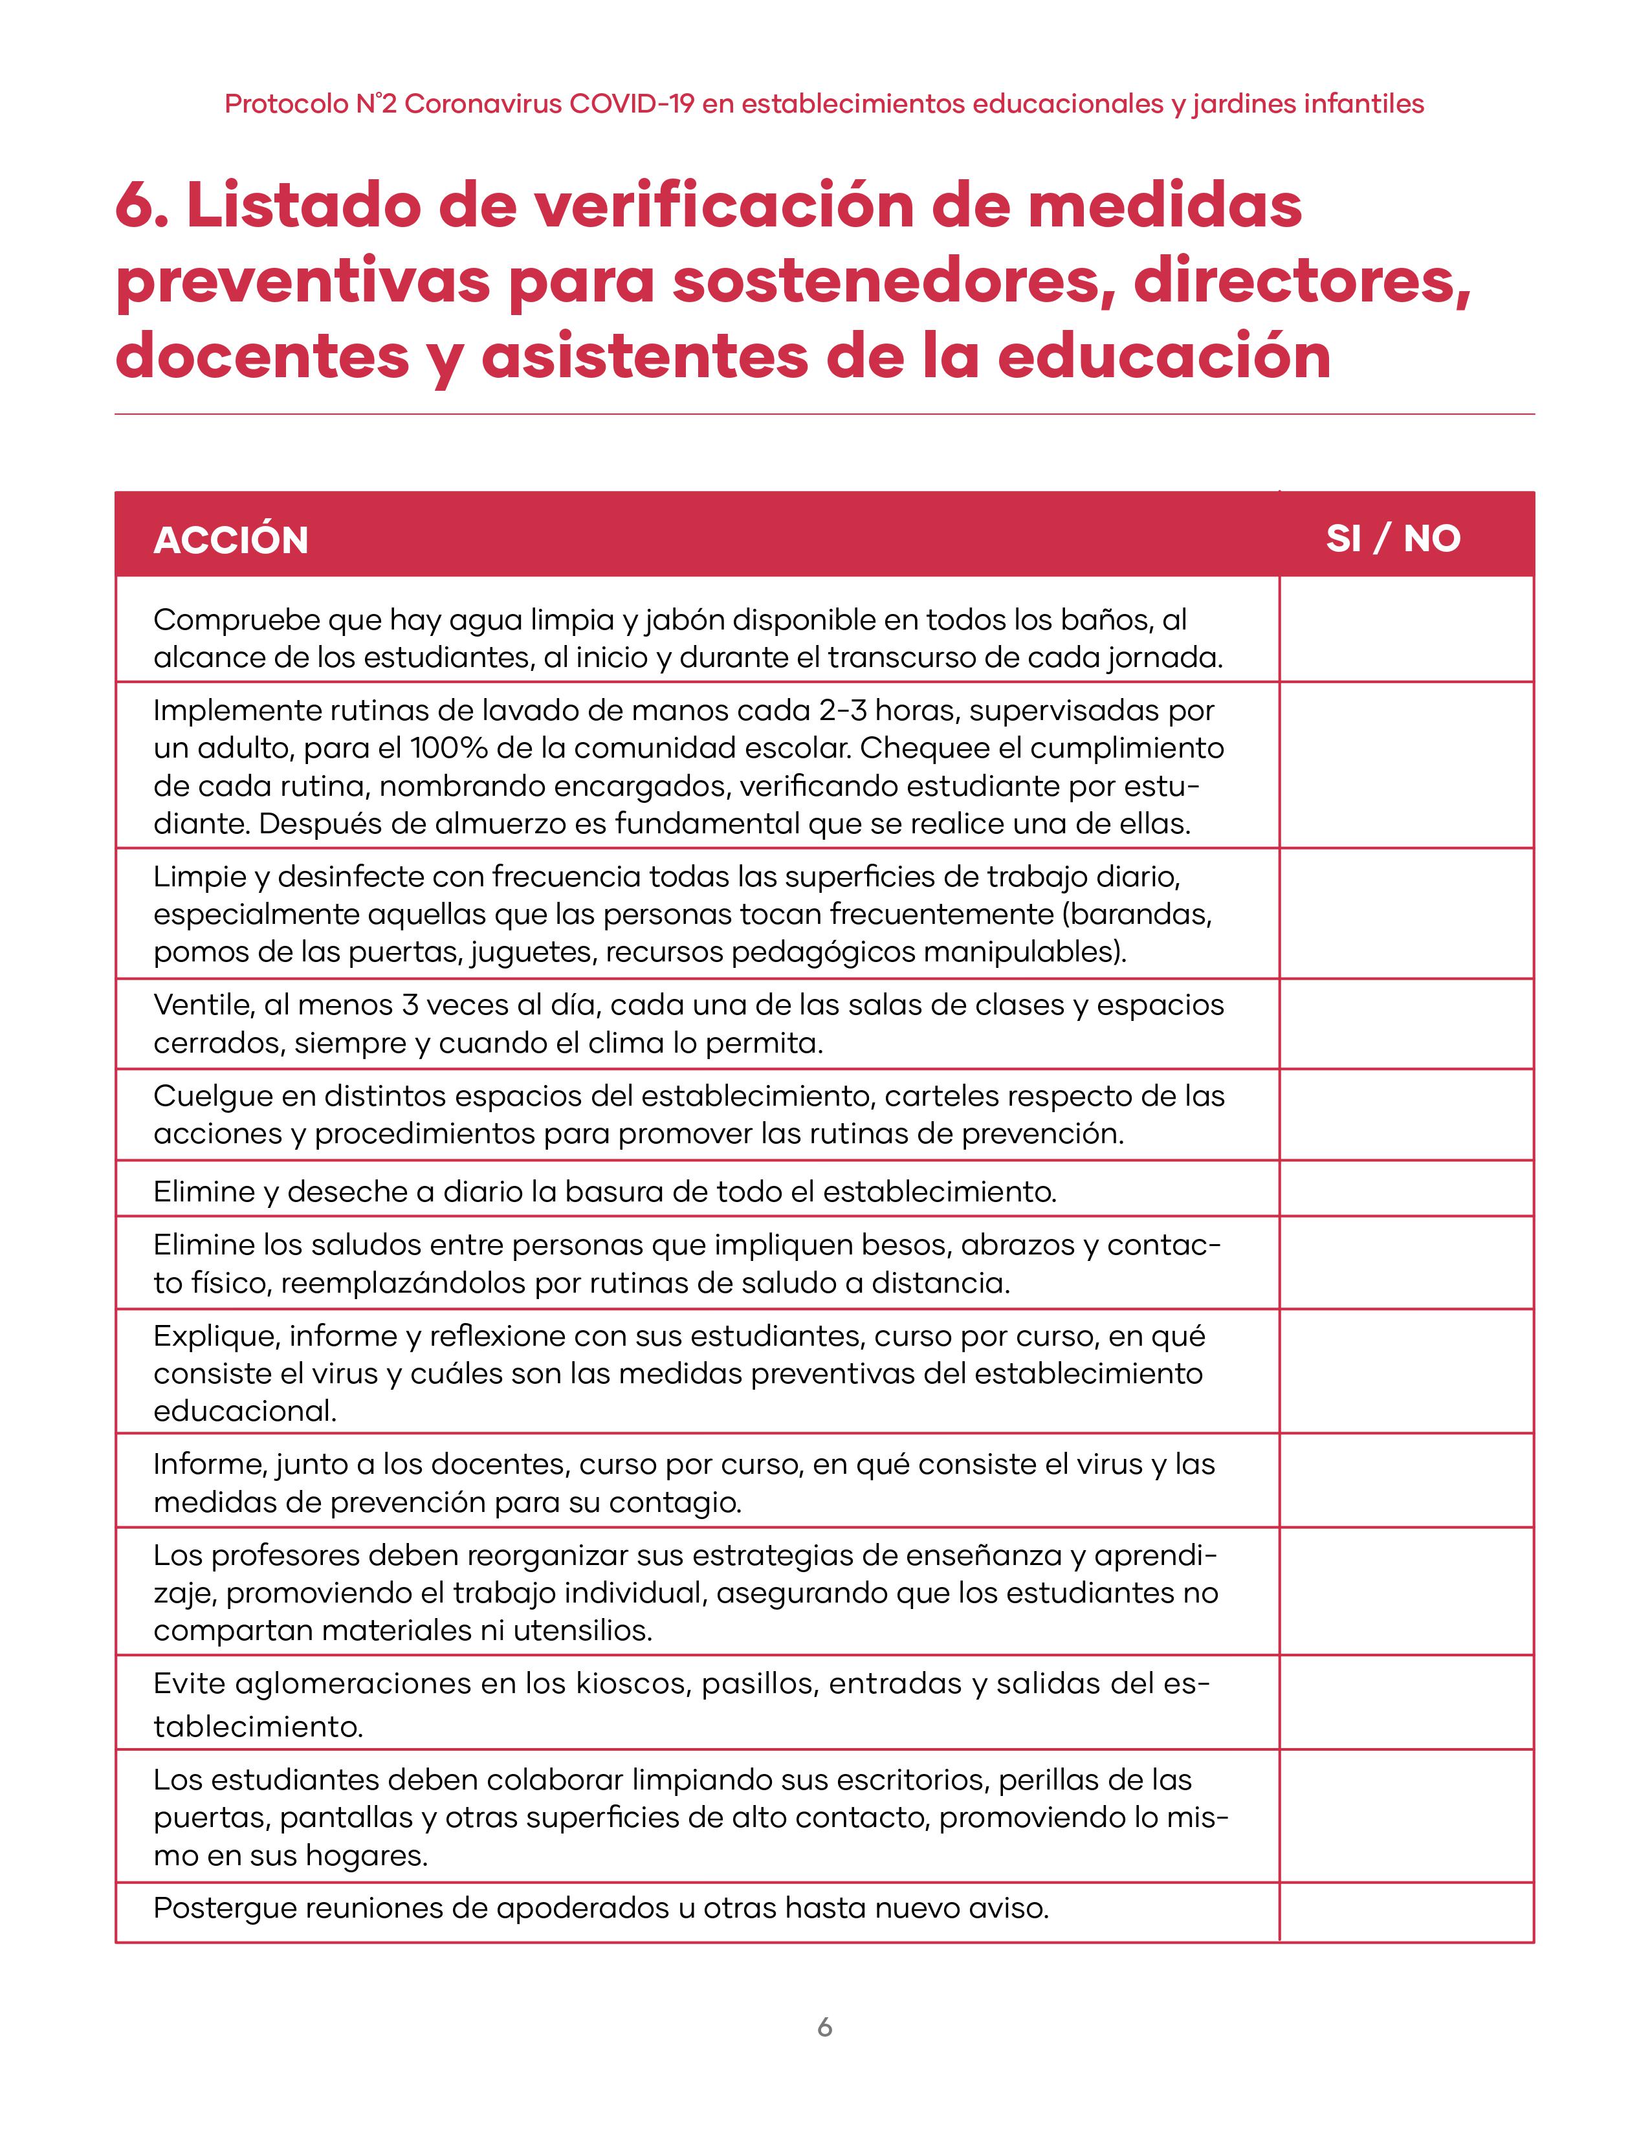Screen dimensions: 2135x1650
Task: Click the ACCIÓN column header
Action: (x=231, y=540)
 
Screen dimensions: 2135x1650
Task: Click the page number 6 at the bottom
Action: (x=825, y=2028)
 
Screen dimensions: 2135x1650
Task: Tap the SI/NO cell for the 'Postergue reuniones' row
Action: (x=1405, y=1911)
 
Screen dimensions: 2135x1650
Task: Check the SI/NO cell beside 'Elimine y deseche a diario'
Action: (x=1405, y=1188)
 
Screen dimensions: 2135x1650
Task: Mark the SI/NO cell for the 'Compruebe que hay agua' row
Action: (x=1405, y=629)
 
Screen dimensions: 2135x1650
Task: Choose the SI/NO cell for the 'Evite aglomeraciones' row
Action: (x=1405, y=1702)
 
